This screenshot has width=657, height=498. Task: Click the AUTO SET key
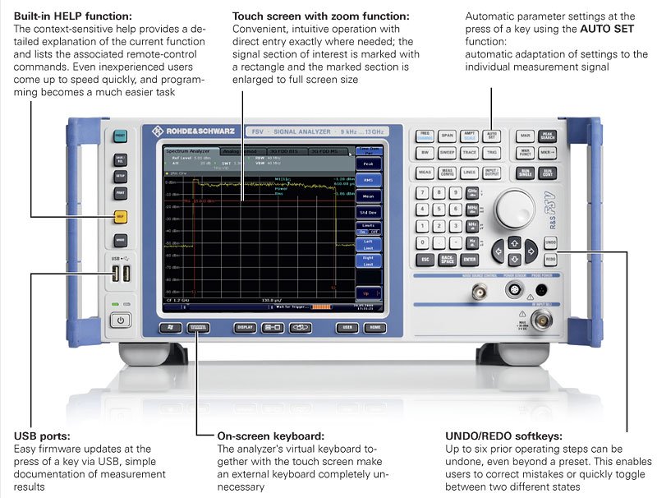[492, 136]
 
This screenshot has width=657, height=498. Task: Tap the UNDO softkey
[550, 242]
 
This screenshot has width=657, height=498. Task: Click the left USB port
[117, 274]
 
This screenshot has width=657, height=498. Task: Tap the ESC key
[425, 260]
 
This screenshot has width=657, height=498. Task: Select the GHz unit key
[473, 192]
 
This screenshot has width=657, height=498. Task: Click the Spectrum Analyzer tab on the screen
[188, 152]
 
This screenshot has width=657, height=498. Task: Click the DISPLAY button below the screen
[245, 327]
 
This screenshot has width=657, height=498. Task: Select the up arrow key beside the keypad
[514, 242]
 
